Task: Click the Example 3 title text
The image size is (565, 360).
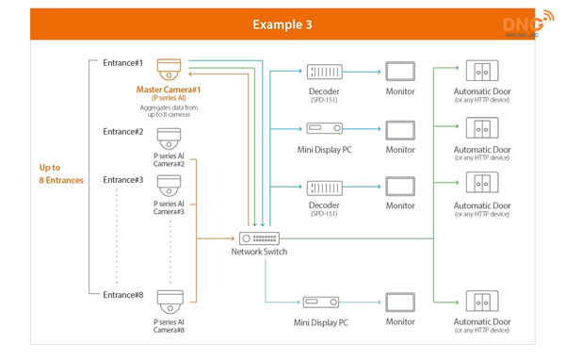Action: [282, 24]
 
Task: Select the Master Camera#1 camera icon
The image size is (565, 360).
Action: [169, 70]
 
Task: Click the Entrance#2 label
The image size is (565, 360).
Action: [123, 132]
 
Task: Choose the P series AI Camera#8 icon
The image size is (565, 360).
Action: [169, 303]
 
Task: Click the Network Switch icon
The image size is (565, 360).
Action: [259, 238]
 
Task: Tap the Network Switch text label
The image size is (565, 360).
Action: [259, 253]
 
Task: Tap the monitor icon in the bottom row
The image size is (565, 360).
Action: [400, 303]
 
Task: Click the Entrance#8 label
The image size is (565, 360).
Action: [123, 295]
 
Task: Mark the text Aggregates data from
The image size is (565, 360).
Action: [169, 107]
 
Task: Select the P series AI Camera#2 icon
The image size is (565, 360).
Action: [169, 138]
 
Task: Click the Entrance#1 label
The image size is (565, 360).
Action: [123, 63]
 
